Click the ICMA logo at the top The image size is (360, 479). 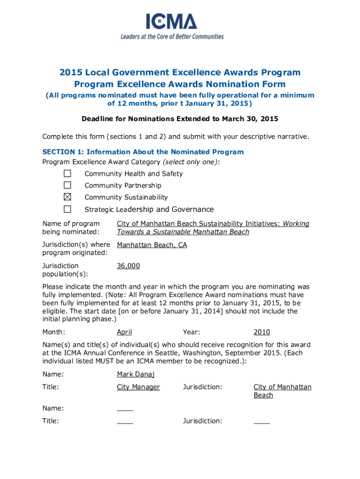click(171, 22)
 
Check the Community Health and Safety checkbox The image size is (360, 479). click(67, 174)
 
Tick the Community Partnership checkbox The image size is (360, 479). click(67, 185)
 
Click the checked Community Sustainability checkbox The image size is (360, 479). click(67, 197)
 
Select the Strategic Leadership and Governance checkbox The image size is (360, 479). click(67, 209)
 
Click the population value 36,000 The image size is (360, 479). click(128, 266)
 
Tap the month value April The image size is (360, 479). click(124, 332)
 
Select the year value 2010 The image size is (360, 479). click(262, 332)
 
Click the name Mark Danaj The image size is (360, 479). click(136, 374)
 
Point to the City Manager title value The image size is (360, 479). click(138, 387)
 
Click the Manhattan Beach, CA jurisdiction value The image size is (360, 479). click(152, 245)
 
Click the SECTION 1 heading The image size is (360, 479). click(143, 152)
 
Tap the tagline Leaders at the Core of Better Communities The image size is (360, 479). click(172, 36)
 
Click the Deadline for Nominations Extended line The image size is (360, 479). click(180, 119)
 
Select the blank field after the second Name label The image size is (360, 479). click(125, 408)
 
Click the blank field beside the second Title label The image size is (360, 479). click(125, 421)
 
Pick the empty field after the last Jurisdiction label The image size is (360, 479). click(262, 421)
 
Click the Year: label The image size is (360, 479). click(192, 332)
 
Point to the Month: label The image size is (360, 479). click(53, 332)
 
